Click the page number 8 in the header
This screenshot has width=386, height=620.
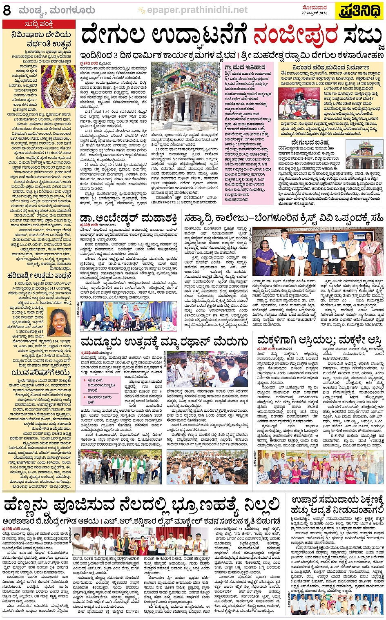[7, 10]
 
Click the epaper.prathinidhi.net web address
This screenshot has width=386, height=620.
[197, 10]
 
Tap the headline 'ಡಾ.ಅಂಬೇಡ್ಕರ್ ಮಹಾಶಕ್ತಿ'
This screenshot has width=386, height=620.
[128, 218]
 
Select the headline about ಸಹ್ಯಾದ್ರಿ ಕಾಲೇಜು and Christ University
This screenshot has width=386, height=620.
[283, 219]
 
